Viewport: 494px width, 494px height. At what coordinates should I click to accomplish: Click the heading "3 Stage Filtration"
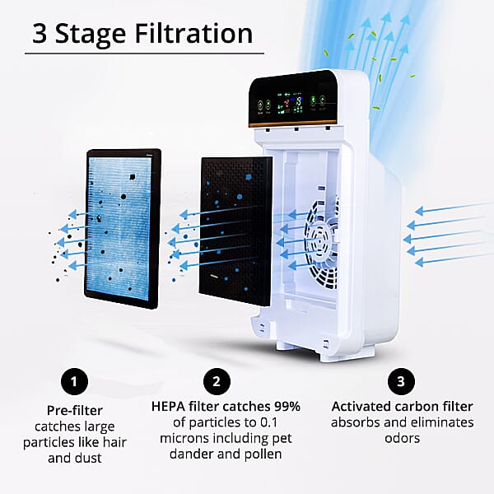click(x=142, y=33)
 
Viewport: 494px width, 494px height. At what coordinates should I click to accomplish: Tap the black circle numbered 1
click(x=75, y=381)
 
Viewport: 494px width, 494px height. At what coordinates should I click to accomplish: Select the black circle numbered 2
click(x=216, y=381)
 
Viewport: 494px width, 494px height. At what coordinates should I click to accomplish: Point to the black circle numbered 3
click(x=401, y=381)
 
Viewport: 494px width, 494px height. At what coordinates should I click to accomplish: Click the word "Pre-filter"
click(x=75, y=409)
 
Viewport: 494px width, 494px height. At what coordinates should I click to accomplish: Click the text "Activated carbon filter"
click(x=402, y=406)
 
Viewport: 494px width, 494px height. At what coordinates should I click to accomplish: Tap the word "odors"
click(x=402, y=439)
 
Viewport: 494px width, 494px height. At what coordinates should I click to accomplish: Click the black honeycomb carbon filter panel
click(x=235, y=226)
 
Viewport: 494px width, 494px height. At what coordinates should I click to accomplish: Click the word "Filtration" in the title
click(x=192, y=33)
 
